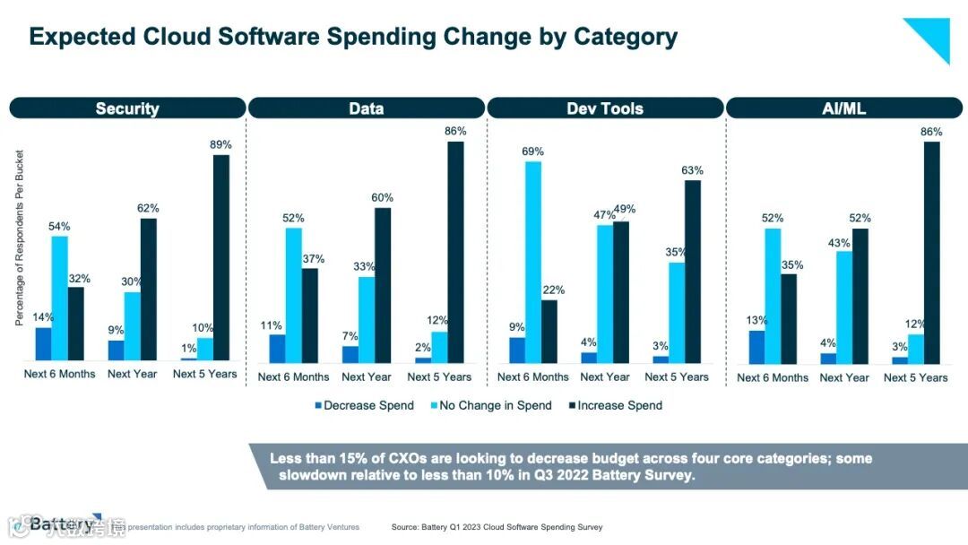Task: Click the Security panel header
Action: (x=127, y=108)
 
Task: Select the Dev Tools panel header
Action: (x=605, y=108)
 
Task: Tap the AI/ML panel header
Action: (x=843, y=108)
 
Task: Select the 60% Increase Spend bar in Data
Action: (x=383, y=285)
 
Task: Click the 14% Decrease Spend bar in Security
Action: (x=43, y=344)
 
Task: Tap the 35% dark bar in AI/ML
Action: (x=789, y=318)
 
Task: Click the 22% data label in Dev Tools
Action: (x=554, y=290)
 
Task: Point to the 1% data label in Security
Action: (x=187, y=348)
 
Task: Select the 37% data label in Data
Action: (x=314, y=259)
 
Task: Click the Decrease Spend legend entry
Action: (x=364, y=405)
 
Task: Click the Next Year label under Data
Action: (x=367, y=377)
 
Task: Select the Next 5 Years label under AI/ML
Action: (x=915, y=377)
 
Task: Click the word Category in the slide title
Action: (x=625, y=37)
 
